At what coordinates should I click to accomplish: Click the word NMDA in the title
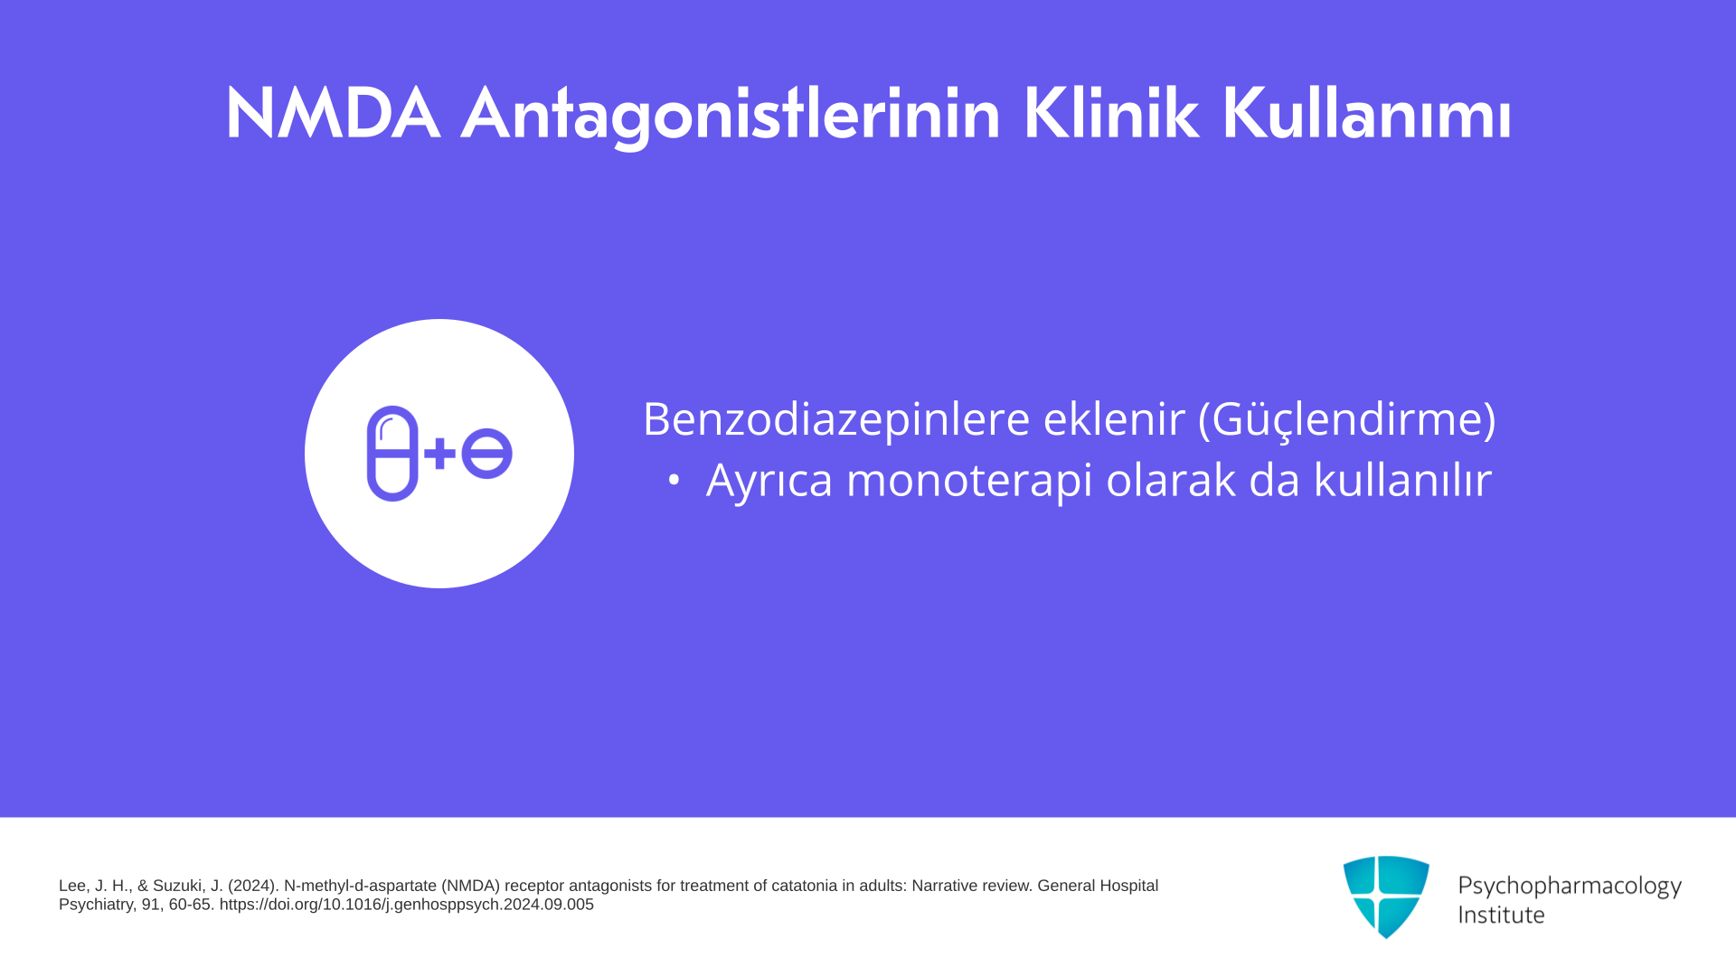tap(333, 114)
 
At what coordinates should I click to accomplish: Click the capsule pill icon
tap(392, 454)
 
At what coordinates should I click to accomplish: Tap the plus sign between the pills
tap(440, 454)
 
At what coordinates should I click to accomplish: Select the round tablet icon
tap(487, 454)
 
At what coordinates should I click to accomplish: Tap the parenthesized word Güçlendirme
tap(1347, 420)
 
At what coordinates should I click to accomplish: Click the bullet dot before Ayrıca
tap(674, 481)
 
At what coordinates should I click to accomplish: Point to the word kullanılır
tap(1402, 479)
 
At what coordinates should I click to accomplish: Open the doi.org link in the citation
tap(407, 905)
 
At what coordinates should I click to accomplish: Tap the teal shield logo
tap(1386, 897)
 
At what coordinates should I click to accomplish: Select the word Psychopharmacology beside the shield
tap(1570, 887)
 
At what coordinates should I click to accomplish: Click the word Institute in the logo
tap(1502, 915)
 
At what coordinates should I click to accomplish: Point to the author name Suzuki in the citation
tap(179, 887)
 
